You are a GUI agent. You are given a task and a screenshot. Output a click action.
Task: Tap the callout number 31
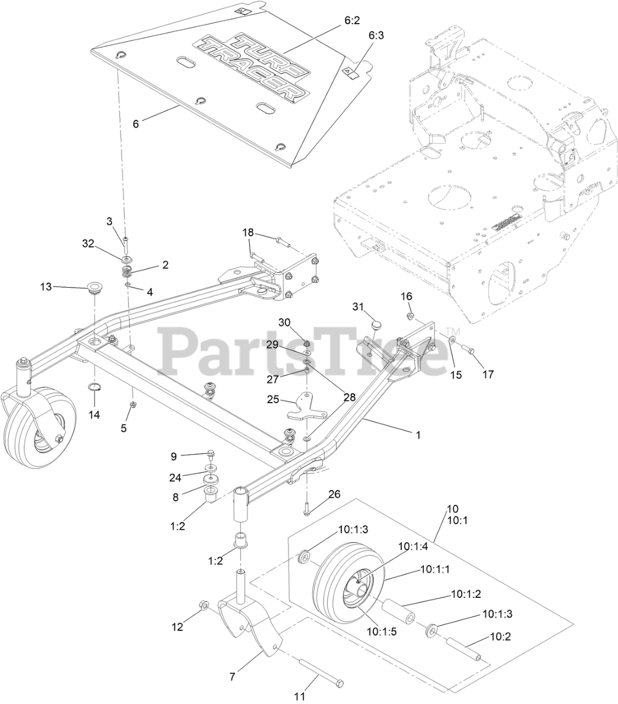pyautogui.click(x=358, y=306)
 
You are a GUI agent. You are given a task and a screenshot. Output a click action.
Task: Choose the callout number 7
pyautogui.click(x=232, y=677)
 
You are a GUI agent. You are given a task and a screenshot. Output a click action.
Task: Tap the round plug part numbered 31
pyautogui.click(x=377, y=323)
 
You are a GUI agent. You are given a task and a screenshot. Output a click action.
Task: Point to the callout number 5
pyautogui.click(x=124, y=427)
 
